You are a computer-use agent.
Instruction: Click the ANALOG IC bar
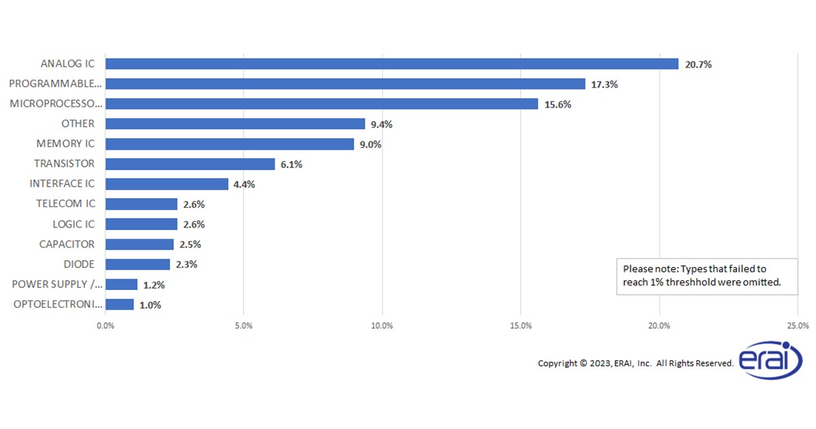392,64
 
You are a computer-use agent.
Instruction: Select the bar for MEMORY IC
230,144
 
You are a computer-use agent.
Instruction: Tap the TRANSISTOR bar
190,164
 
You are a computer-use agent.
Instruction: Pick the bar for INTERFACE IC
167,184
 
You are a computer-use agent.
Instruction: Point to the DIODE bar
137,264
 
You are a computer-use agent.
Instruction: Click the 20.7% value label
698,65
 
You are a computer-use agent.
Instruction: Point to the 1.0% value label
150,305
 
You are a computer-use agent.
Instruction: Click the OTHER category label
78,124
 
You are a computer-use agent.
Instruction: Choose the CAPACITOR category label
67,244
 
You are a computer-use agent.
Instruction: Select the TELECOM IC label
65,204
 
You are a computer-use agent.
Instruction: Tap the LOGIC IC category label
73,224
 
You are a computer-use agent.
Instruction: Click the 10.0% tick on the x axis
382,325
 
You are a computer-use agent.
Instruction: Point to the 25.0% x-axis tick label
798,325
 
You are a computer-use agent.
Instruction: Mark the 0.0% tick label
105,325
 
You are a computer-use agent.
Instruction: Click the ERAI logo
771,360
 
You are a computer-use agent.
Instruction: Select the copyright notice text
635,363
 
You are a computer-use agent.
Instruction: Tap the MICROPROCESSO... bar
322,104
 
